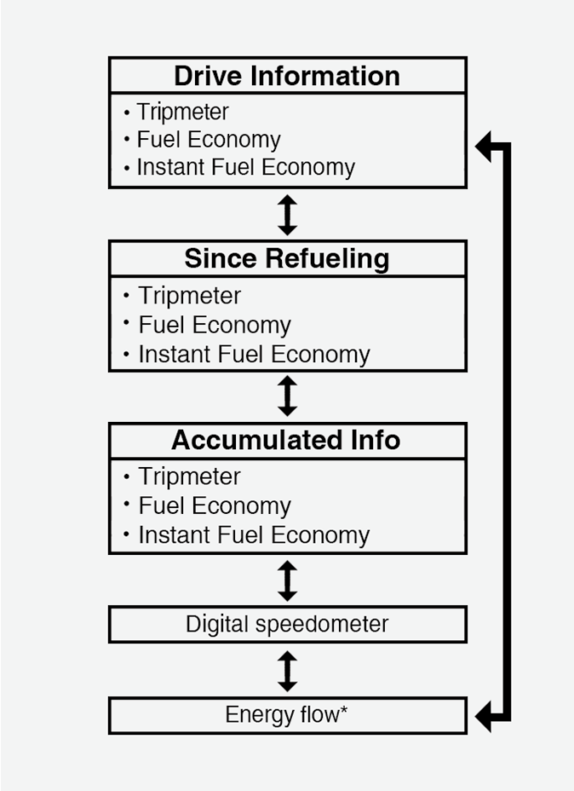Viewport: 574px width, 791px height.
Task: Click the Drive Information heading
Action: coord(287,76)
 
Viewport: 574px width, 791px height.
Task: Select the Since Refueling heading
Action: coord(287,259)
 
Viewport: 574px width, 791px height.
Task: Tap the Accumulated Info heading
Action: coord(286,440)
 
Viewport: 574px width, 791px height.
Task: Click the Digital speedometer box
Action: coord(288,625)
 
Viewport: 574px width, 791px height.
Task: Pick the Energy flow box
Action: coord(288,715)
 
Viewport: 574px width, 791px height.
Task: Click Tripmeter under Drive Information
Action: coord(182,112)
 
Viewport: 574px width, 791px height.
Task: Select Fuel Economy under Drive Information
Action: coord(209,140)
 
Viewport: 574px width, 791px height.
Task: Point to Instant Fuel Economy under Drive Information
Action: coord(246,167)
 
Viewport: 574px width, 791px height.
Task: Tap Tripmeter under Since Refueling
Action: coord(189,296)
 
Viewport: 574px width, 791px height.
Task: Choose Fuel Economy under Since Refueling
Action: coord(215,325)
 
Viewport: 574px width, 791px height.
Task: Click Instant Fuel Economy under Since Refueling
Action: coord(254,354)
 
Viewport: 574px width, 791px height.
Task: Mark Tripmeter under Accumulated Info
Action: coord(189,476)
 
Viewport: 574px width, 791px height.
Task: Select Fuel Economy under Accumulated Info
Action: coord(215,506)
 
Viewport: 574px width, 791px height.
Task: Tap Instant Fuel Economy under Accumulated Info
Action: coord(254,535)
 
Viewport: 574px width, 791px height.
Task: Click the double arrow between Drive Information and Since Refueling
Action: coord(287,215)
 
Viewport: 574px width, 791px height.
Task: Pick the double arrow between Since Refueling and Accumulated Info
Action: coord(287,396)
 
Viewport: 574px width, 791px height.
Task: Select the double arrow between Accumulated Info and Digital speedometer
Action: coord(287,580)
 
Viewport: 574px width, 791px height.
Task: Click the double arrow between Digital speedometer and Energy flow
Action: coord(287,671)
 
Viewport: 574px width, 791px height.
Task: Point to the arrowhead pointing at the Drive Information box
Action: coord(483,147)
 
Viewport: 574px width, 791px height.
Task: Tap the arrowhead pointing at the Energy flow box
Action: coord(483,716)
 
